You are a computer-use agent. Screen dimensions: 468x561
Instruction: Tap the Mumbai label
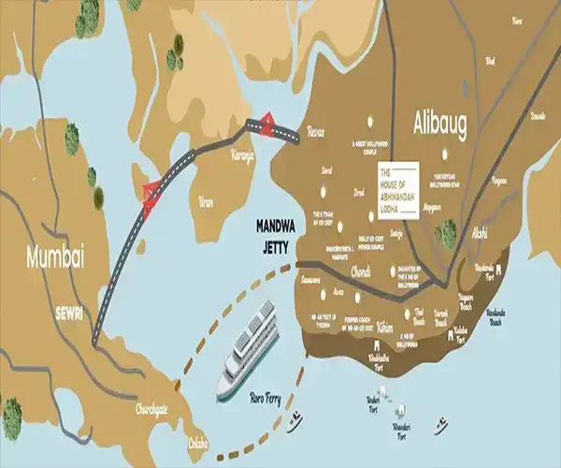[x=55, y=256]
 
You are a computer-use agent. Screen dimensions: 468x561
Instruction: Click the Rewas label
[x=318, y=134]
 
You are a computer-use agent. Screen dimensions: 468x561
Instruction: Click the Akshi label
[x=481, y=229]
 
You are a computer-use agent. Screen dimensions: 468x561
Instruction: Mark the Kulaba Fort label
[x=460, y=338]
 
